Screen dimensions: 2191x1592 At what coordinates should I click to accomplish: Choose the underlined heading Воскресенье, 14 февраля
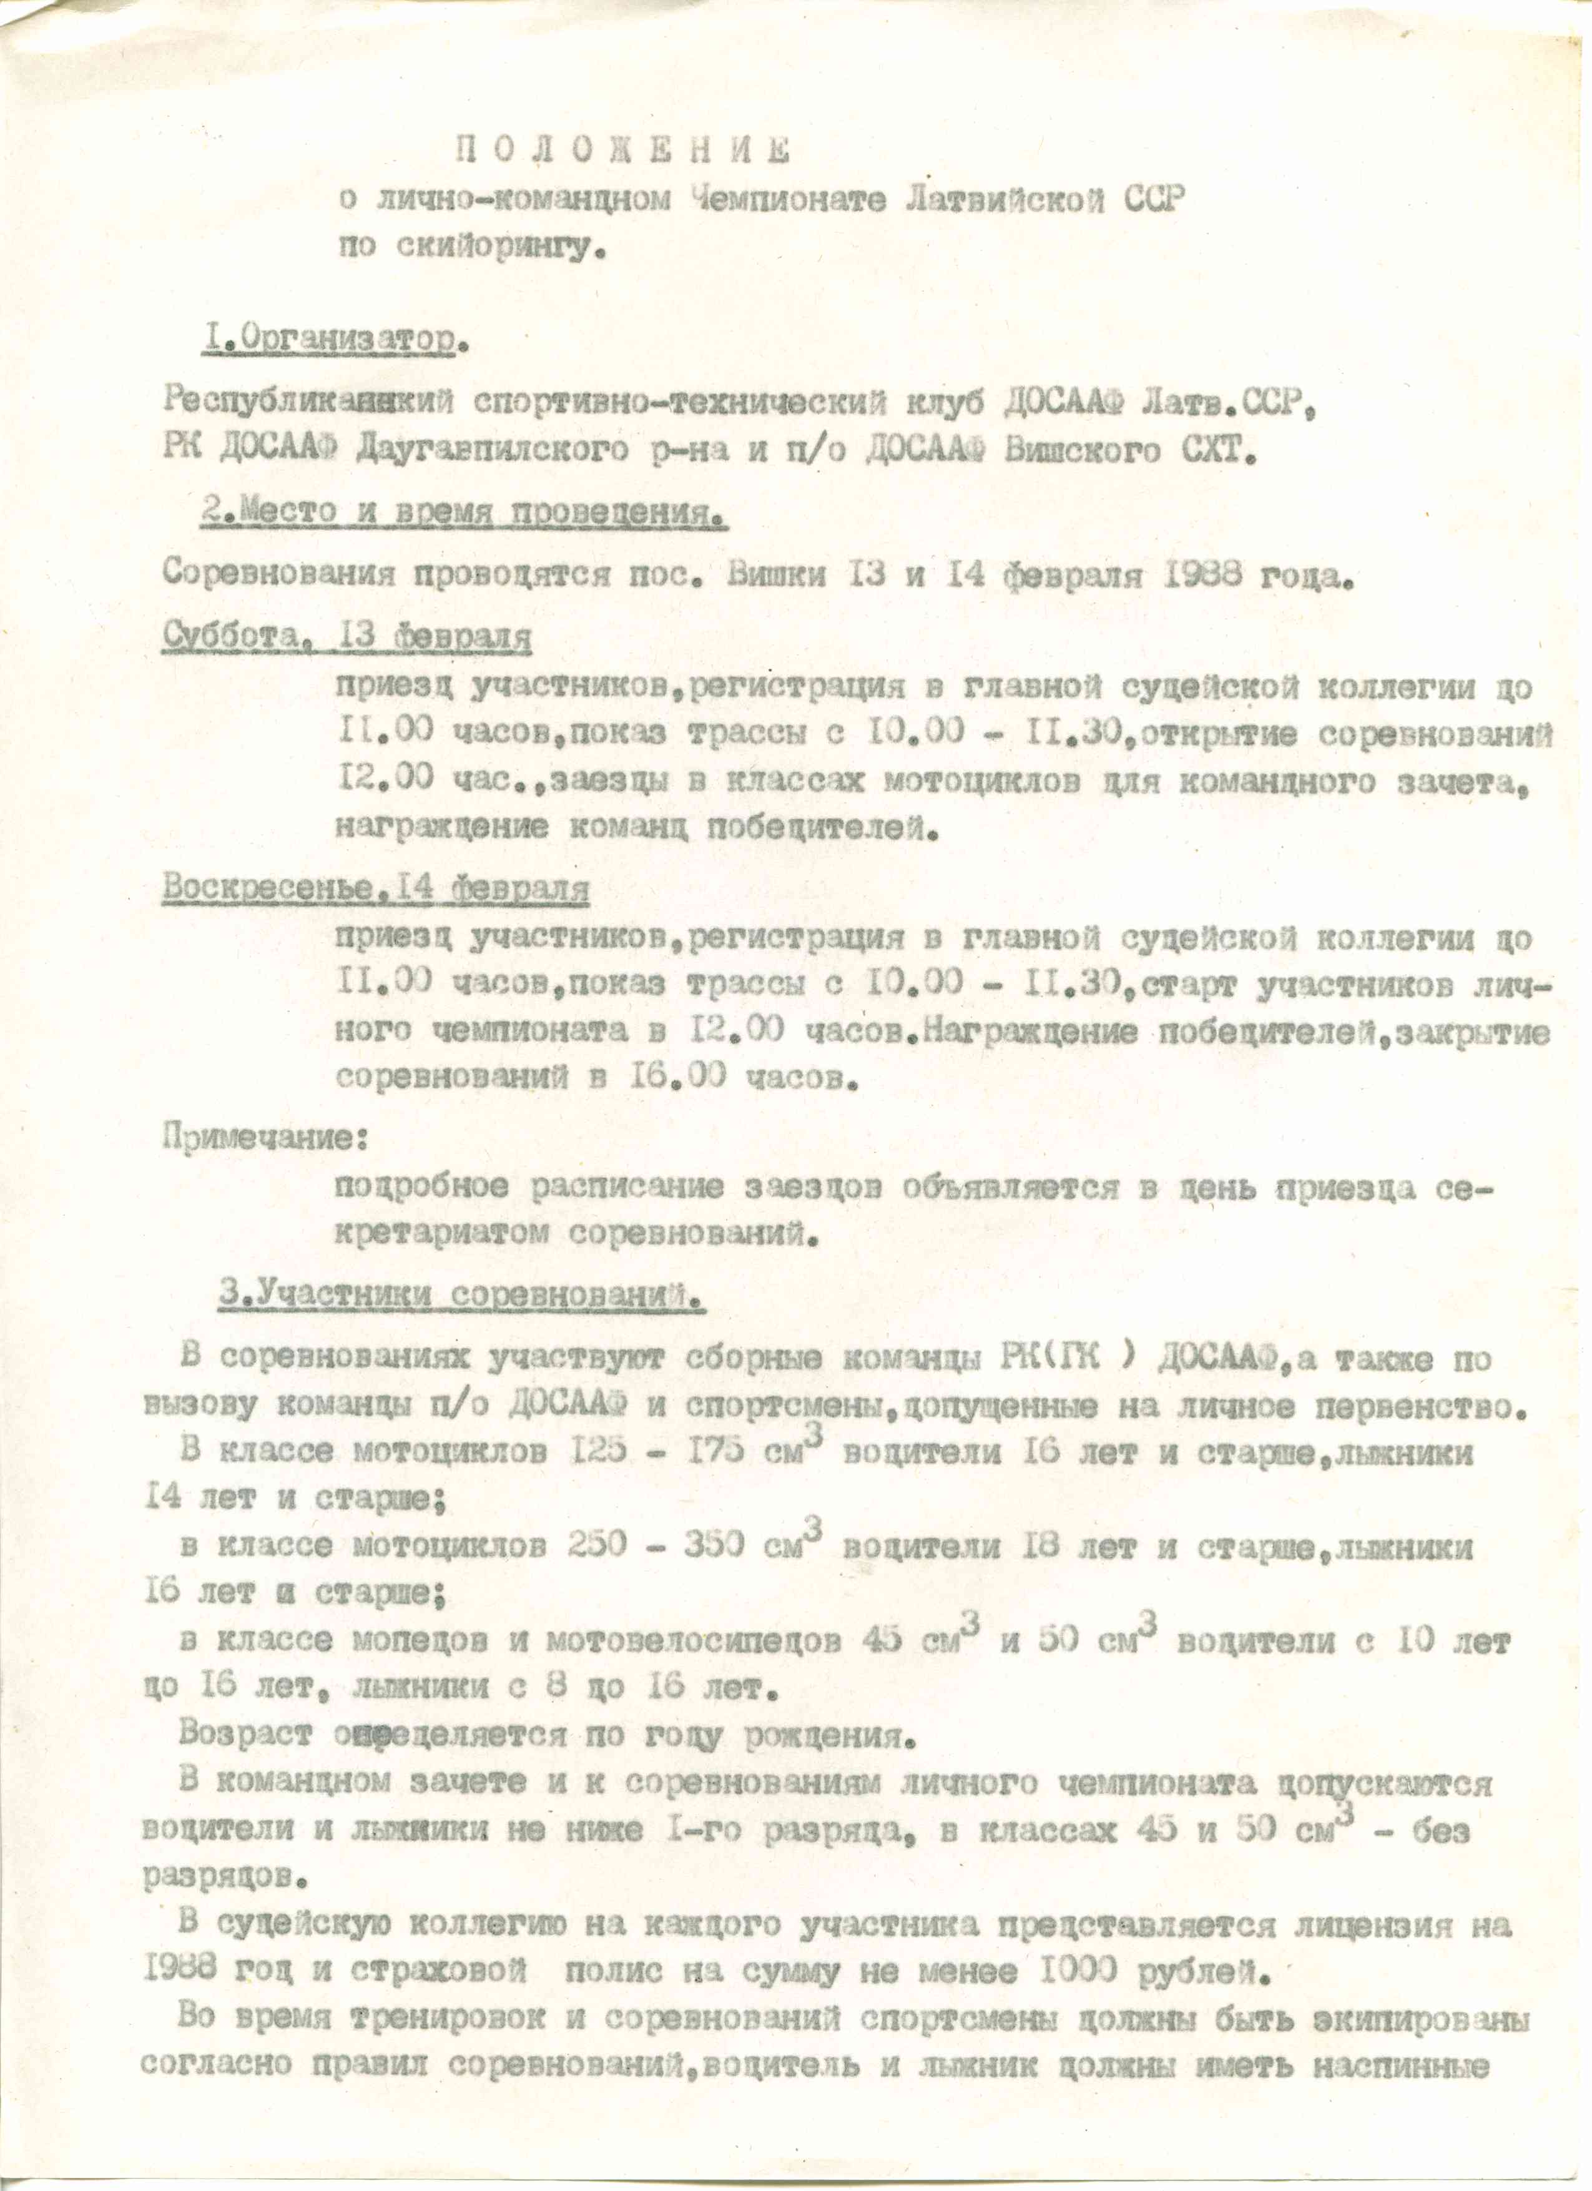point(375,888)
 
